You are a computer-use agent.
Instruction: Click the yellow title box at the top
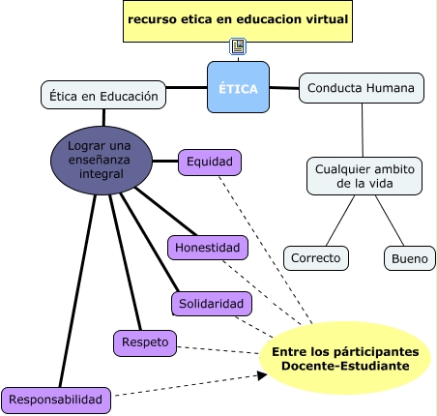[x=238, y=21]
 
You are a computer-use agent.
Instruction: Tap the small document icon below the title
[x=238, y=46]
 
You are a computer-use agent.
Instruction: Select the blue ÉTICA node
[x=238, y=87]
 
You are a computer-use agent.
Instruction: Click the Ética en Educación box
[x=103, y=95]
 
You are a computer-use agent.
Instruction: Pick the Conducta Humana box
[x=362, y=88]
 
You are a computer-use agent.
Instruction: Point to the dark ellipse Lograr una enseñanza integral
[x=102, y=161]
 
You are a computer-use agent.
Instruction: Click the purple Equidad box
[x=210, y=163]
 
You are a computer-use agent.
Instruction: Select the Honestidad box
[x=208, y=248]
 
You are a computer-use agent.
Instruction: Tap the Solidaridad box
[x=212, y=304]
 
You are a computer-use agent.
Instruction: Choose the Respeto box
[x=145, y=343]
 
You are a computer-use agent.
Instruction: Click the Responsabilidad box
[x=56, y=401]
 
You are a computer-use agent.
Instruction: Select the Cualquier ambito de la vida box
[x=364, y=176]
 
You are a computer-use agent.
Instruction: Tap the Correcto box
[x=316, y=258]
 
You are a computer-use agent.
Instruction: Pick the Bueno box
[x=410, y=258]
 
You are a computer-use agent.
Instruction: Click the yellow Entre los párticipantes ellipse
[x=345, y=358]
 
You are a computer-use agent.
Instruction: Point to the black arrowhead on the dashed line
[x=262, y=375]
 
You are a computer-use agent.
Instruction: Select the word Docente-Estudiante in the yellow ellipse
[x=345, y=366]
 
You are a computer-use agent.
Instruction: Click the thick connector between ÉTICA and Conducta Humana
[x=284, y=88]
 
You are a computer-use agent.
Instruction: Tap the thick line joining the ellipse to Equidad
[x=165, y=161]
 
